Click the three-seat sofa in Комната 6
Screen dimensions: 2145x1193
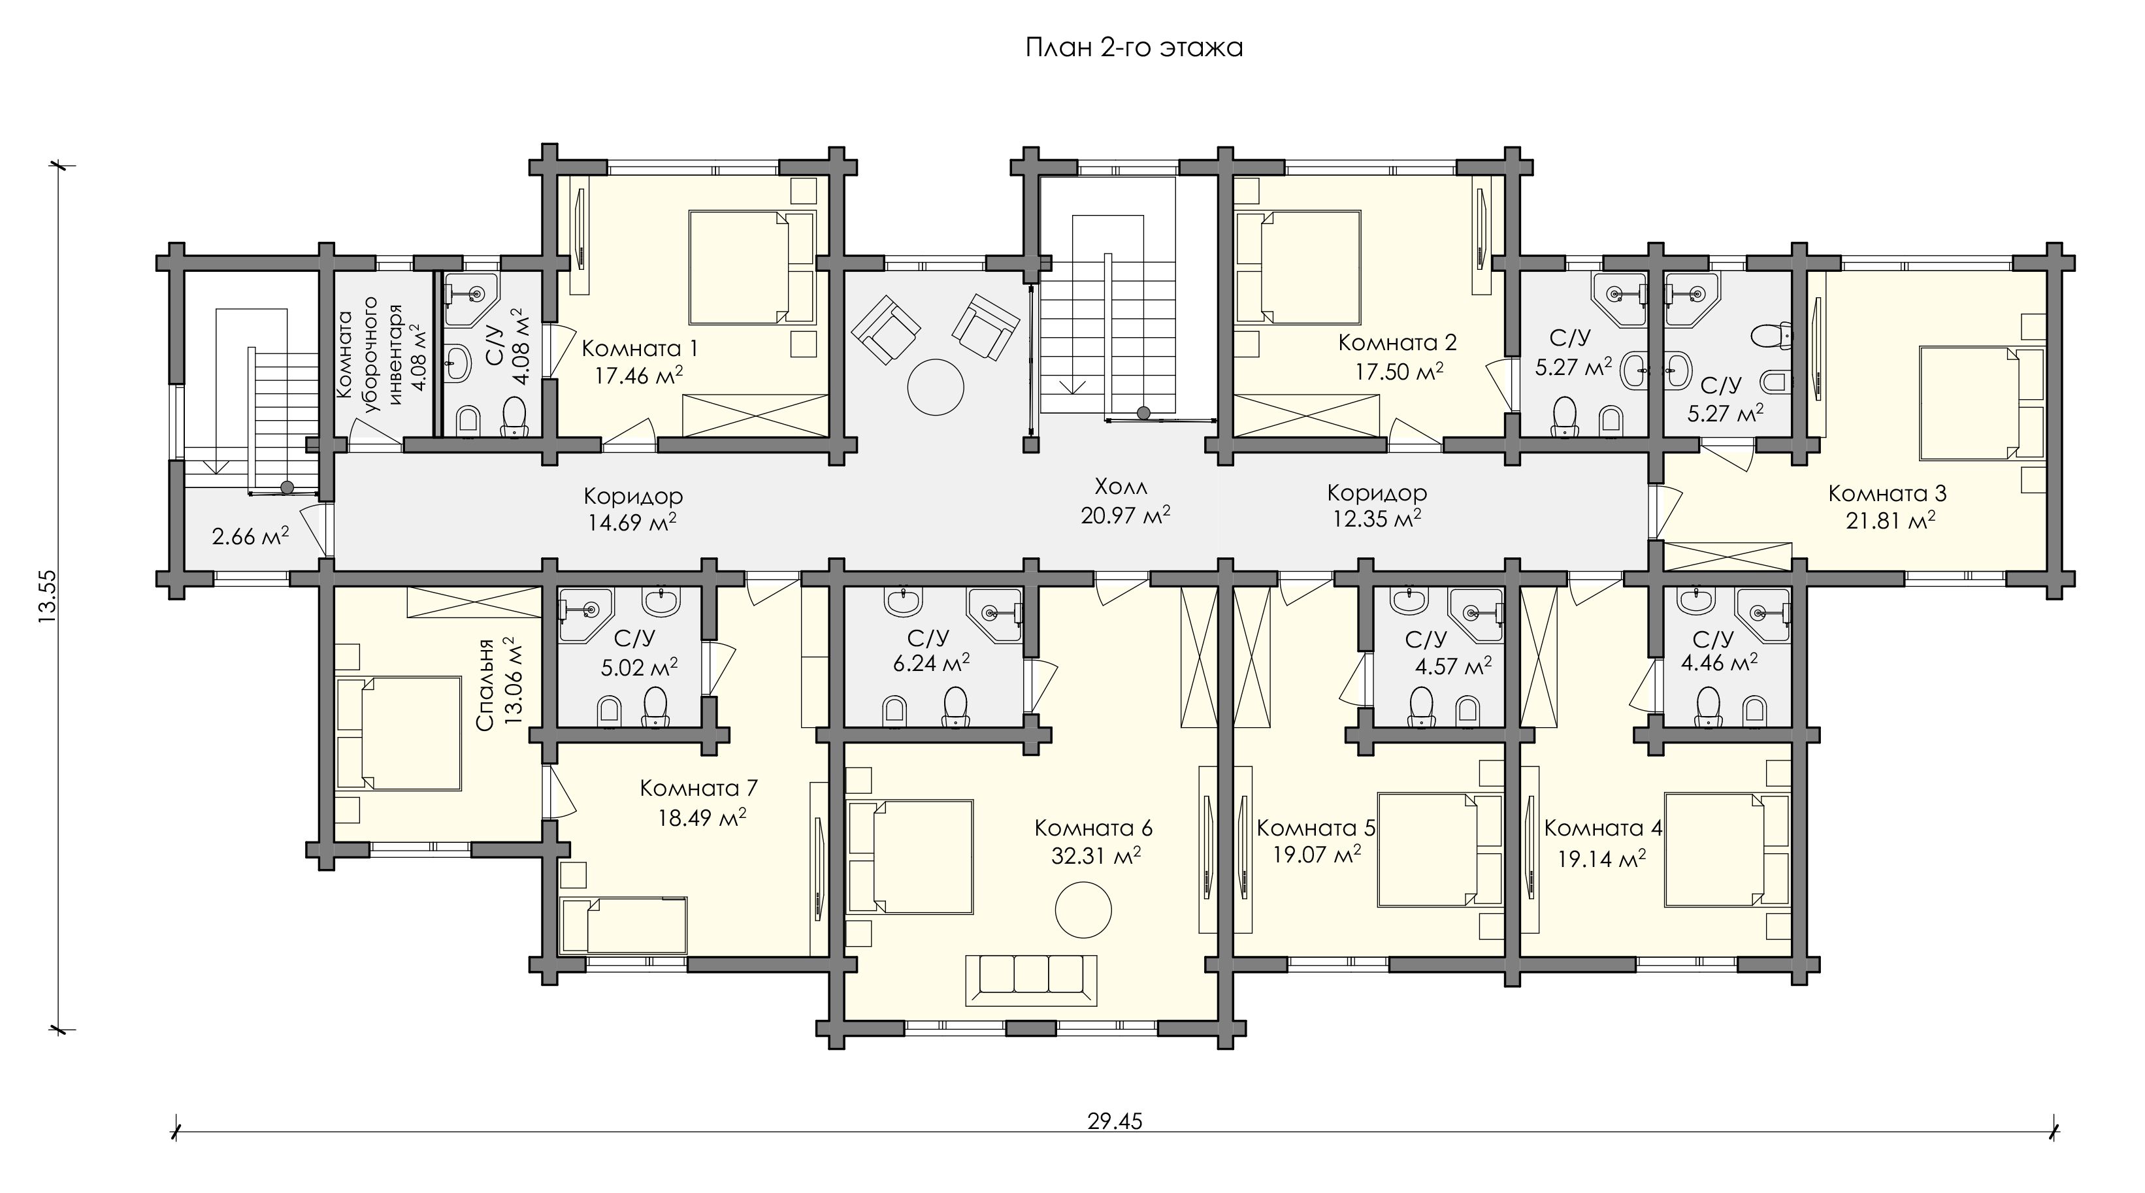point(1031,980)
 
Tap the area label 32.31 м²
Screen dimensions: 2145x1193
point(1096,855)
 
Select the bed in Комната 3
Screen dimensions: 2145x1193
point(1982,403)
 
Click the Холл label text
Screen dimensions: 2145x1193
point(1121,486)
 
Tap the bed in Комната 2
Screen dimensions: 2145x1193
point(1298,267)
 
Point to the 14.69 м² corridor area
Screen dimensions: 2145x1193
point(634,523)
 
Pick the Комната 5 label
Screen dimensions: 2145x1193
point(1316,828)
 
